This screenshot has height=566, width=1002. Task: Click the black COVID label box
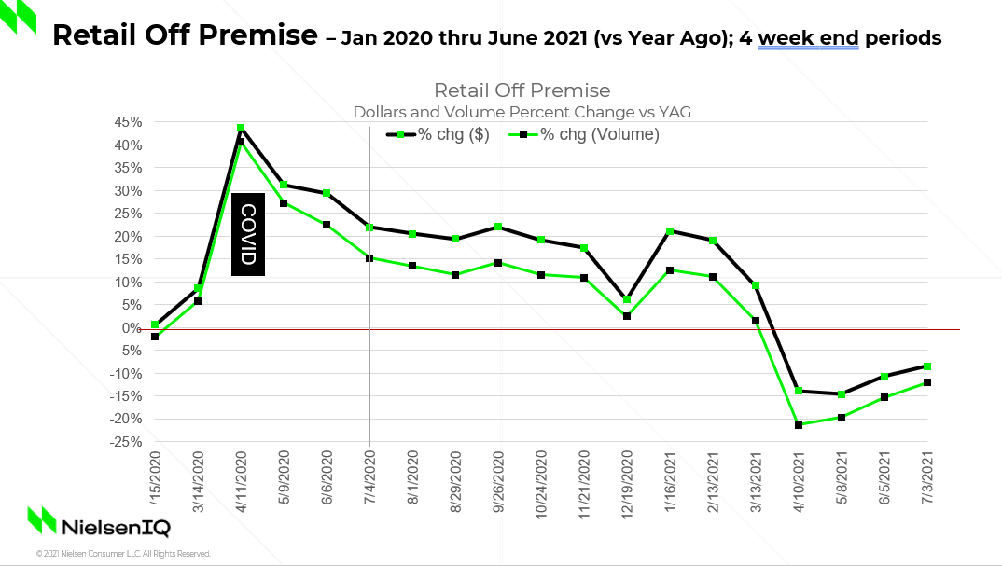coord(248,234)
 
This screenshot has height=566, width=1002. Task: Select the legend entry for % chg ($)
coord(448,134)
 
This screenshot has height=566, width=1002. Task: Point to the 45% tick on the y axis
coord(129,122)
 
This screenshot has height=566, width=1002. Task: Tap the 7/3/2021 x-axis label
coord(927,478)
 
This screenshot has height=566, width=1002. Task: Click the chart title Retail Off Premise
coord(522,90)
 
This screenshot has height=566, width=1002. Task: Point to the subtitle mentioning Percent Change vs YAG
coord(522,112)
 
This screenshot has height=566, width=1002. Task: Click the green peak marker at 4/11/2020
coord(241,129)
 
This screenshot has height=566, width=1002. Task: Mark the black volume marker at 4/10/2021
coord(799,425)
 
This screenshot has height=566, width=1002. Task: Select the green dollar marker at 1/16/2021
coord(670,231)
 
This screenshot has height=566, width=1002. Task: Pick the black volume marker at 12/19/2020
coord(627,316)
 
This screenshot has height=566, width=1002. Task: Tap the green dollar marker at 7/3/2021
coord(927,366)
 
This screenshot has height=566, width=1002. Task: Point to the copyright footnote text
coord(124,554)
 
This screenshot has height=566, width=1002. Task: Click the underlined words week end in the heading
coord(808,38)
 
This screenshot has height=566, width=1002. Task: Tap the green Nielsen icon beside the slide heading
coord(21,17)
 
